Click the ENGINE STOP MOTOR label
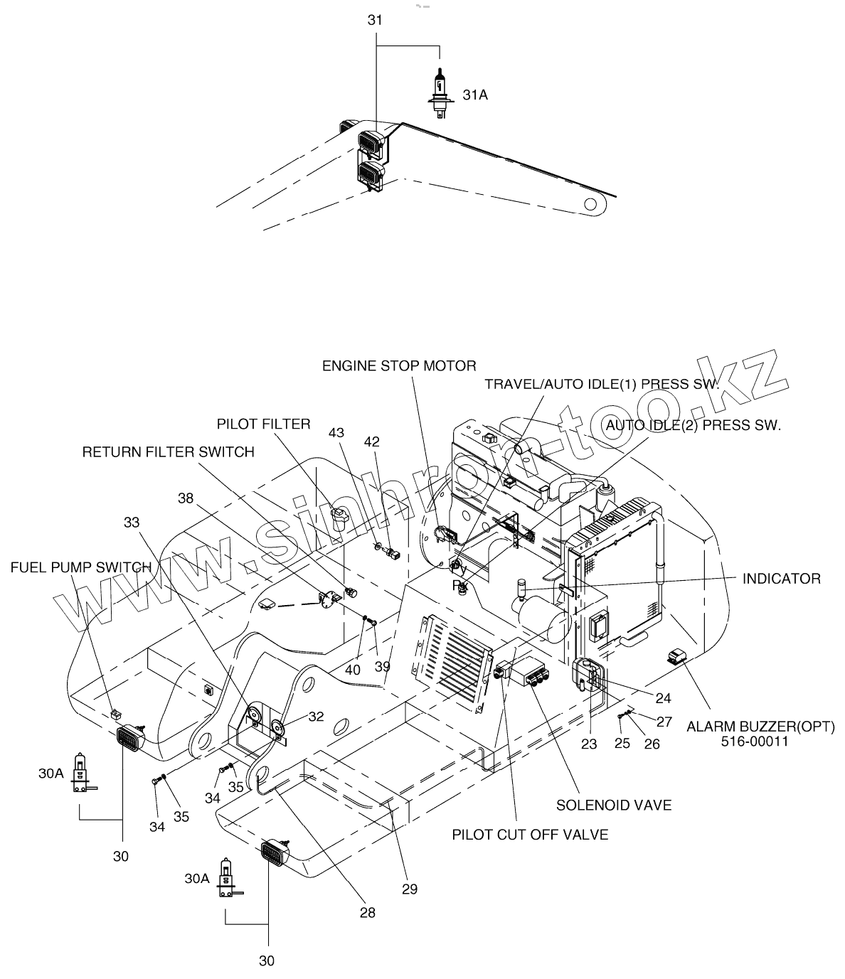pos(399,365)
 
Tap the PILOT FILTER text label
pos(264,424)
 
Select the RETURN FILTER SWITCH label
pos(169,451)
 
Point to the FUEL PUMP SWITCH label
pos(81,567)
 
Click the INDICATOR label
pos(781,578)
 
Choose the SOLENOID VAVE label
pos(614,805)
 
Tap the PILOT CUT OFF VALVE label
pos(531,834)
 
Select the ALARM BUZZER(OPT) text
pos(760,727)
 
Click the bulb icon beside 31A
pos(439,92)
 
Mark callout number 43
pos(336,432)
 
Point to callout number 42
pos(371,440)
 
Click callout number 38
pos(186,498)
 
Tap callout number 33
pos(132,522)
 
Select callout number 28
pos(366,912)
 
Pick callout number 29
pos(409,889)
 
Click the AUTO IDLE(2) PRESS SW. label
pos(692,425)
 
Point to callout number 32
pos(315,717)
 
